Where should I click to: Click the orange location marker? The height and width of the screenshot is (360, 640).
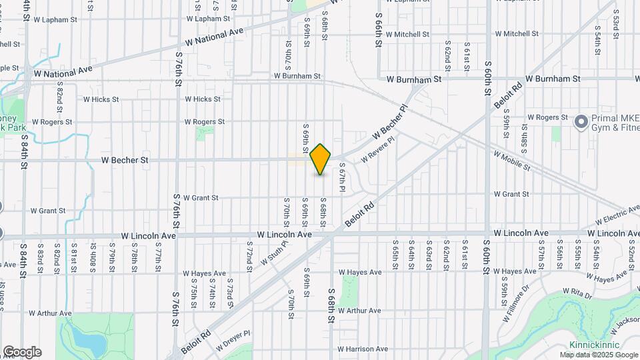[x=321, y=159]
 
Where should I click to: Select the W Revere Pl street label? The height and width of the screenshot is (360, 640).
[x=377, y=150]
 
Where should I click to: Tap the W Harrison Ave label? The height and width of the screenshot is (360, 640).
[x=363, y=349]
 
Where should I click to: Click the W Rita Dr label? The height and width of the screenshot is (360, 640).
[x=578, y=292]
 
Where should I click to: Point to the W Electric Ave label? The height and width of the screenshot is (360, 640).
[x=617, y=216]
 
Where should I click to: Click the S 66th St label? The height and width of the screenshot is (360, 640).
[x=378, y=25]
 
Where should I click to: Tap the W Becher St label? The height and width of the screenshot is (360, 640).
[x=125, y=161]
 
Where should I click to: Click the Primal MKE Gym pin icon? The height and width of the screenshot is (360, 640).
[x=581, y=121]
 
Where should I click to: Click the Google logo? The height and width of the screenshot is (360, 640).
[x=22, y=352]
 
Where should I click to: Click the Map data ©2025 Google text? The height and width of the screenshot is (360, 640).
[x=597, y=355]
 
